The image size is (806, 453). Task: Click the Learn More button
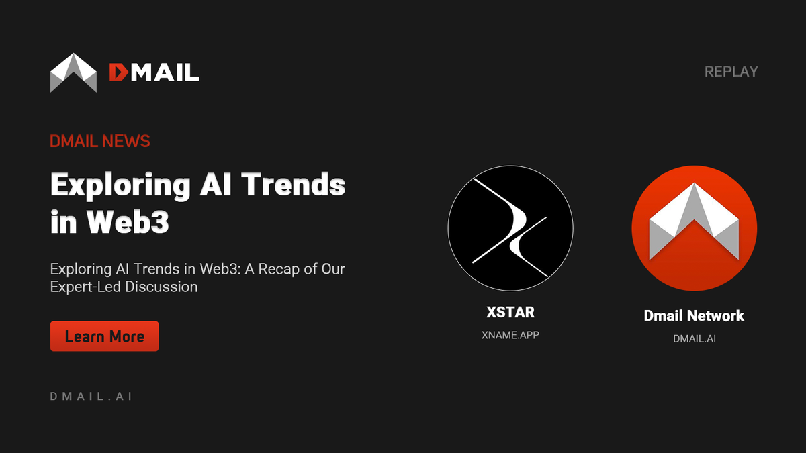(104, 336)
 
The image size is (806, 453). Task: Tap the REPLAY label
(731, 71)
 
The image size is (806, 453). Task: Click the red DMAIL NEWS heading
(99, 141)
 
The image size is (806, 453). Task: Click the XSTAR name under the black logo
(510, 313)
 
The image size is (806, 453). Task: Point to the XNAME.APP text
(510, 335)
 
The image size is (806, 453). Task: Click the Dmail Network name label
(694, 315)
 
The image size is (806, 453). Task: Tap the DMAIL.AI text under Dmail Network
(694, 338)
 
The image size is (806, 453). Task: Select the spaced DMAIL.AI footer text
(91, 396)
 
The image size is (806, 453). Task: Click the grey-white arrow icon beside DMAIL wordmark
(74, 72)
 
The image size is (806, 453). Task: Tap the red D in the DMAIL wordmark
(118, 72)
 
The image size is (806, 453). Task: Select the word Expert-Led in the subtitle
(86, 287)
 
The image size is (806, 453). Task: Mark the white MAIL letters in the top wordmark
(163, 72)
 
